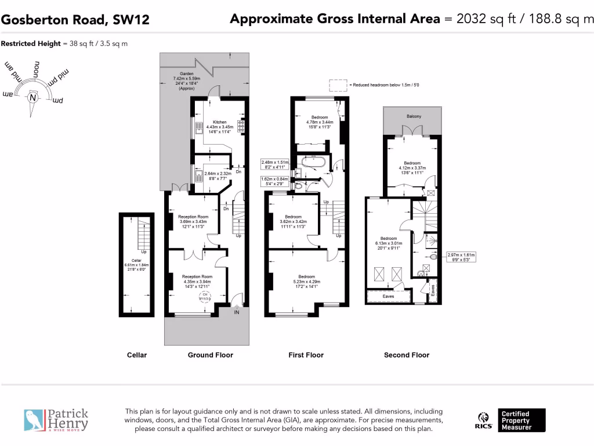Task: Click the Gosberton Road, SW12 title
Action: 75,20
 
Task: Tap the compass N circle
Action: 33,98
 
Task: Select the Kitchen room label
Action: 219,127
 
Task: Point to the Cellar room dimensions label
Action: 136,265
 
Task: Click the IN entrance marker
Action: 236,312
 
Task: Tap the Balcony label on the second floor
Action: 414,117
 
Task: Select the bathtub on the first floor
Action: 313,162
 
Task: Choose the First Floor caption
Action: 306,355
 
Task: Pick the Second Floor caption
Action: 406,355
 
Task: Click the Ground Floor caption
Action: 210,355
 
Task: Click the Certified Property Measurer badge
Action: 522,420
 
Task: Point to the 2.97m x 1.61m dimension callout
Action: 461,257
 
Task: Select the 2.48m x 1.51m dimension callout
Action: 275,165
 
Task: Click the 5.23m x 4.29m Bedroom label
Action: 306,279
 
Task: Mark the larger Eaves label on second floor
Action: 389,296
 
